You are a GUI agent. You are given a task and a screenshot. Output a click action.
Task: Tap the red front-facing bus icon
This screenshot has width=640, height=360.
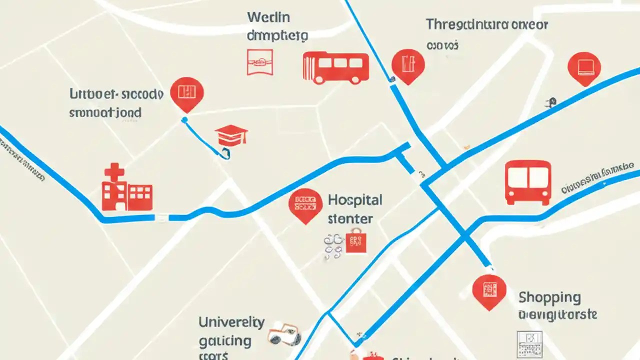click(528, 182)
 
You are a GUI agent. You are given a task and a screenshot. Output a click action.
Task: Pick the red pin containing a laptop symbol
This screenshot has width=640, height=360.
click(584, 67)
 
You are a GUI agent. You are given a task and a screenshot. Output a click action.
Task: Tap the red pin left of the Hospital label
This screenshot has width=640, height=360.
click(305, 204)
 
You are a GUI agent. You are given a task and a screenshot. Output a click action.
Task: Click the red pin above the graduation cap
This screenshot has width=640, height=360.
click(187, 93)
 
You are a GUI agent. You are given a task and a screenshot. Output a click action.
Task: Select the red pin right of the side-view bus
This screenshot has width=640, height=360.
click(408, 65)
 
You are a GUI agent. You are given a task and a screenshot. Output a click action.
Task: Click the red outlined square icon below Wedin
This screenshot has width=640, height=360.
click(260, 62)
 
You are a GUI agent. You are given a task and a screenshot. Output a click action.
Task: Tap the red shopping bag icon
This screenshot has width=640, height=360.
click(355, 241)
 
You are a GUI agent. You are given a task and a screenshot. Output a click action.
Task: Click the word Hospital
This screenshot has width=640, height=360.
click(355, 200)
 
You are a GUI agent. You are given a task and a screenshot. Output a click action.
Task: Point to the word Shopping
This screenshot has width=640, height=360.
click(549, 297)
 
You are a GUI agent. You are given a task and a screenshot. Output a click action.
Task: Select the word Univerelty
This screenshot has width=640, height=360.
click(231, 322)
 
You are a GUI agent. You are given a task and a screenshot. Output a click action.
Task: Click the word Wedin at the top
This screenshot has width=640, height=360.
click(268, 17)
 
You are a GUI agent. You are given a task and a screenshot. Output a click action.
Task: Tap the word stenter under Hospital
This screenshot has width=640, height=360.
click(350, 218)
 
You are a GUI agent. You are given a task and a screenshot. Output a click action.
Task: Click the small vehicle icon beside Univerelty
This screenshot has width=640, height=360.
click(284, 334)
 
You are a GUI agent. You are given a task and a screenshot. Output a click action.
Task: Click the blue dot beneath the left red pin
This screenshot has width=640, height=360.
click(184, 119)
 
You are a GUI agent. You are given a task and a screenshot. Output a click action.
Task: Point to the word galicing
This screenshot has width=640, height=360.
click(225, 341)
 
